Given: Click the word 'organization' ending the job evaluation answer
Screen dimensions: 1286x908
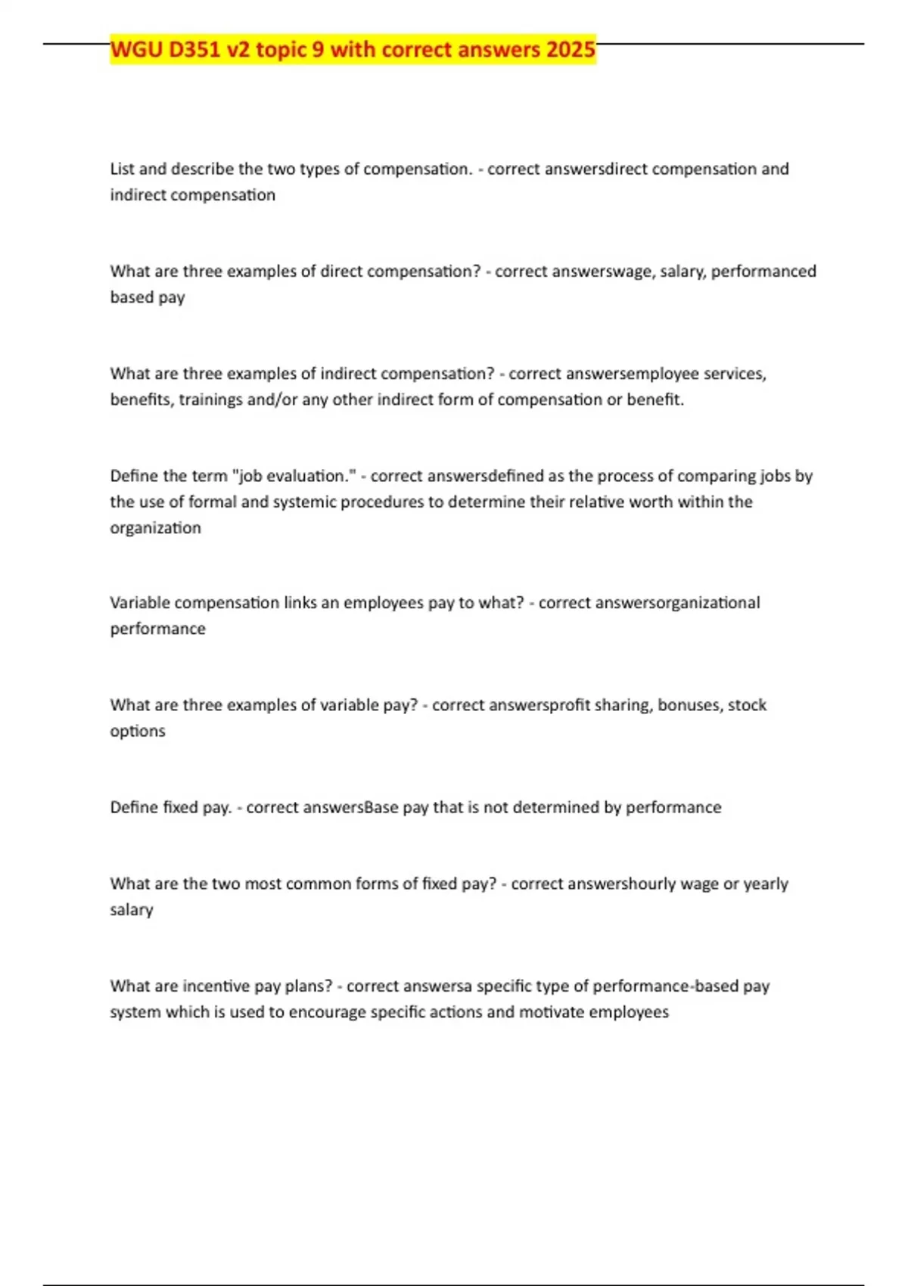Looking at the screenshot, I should click(155, 528).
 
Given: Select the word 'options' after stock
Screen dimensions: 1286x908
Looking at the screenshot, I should click(137, 732).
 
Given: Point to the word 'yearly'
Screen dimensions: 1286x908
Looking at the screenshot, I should click(766, 884).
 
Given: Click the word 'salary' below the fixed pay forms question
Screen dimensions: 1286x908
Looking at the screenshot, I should click(131, 910).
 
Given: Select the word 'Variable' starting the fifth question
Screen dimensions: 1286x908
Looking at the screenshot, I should click(141, 603).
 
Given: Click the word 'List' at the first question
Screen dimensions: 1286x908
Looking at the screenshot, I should click(122, 169).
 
